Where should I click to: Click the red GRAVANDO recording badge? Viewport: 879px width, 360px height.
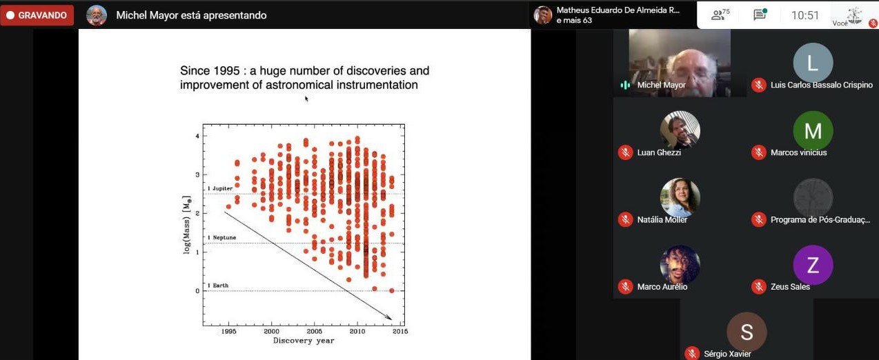click(x=37, y=15)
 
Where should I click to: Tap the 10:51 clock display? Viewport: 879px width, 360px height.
click(x=805, y=15)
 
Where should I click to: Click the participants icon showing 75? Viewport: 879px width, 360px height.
click(x=720, y=15)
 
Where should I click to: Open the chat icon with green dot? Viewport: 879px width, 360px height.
click(x=760, y=15)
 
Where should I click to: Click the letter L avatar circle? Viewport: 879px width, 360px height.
click(x=813, y=63)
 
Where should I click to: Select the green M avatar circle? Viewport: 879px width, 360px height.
click(x=813, y=130)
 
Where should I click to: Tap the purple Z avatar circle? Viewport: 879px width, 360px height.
click(x=813, y=265)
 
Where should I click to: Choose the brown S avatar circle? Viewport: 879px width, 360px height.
click(x=747, y=332)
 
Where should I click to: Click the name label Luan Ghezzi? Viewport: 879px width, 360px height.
click(x=659, y=152)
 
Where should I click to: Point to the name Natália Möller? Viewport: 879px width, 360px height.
click(x=662, y=219)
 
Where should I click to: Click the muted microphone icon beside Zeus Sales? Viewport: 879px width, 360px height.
click(x=758, y=287)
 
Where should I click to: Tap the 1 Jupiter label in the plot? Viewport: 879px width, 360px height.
click(x=219, y=188)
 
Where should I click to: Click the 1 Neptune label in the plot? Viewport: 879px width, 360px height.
click(x=221, y=237)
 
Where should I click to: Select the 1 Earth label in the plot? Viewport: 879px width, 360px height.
click(x=218, y=285)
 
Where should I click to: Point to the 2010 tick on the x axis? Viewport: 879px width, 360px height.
click(x=357, y=331)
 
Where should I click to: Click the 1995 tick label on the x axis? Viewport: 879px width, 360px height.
click(x=229, y=331)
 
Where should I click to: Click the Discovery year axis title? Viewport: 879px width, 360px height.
click(x=304, y=341)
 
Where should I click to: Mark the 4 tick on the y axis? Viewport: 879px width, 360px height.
click(x=197, y=136)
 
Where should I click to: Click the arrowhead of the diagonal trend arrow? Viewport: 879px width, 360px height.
click(x=389, y=318)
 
